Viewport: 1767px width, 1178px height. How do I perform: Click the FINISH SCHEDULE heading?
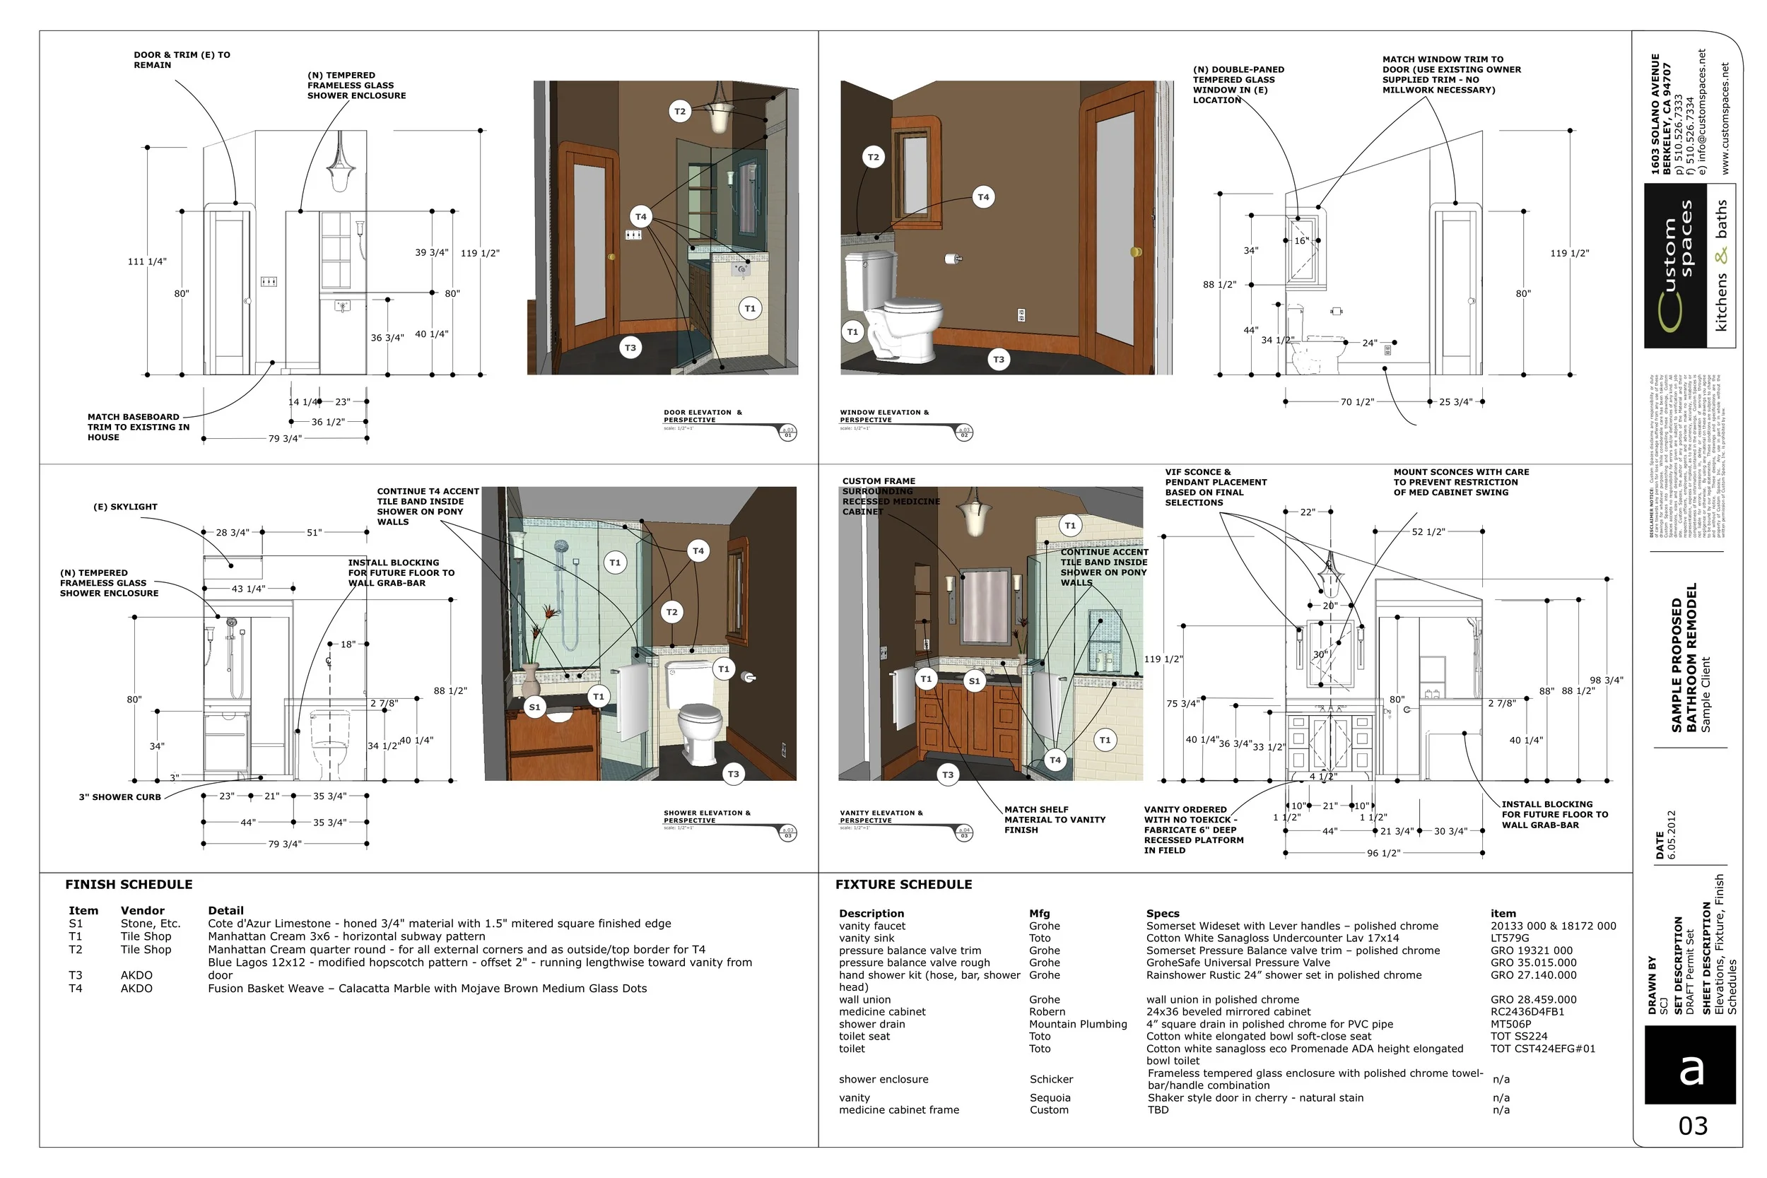(x=129, y=884)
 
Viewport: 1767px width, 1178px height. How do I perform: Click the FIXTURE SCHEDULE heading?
(x=903, y=884)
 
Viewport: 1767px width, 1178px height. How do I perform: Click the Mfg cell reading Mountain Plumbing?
(x=1077, y=1024)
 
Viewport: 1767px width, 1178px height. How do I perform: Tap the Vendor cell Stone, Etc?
(x=151, y=924)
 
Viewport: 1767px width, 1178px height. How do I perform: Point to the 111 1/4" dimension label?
(x=146, y=261)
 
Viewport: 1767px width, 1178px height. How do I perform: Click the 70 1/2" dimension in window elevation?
(x=1357, y=402)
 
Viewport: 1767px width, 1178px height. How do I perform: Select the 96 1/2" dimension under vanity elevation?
(x=1383, y=854)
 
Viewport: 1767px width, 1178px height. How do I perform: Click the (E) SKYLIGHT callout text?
(x=126, y=507)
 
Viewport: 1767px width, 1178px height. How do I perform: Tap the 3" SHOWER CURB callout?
(x=120, y=797)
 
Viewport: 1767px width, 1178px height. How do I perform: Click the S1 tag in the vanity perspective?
(x=974, y=681)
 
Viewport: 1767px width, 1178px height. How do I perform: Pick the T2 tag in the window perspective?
(x=872, y=157)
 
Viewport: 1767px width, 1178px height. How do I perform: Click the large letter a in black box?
(x=1691, y=1069)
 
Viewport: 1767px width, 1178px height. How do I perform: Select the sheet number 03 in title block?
(x=1693, y=1126)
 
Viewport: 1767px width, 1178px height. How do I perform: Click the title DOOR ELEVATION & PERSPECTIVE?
(x=702, y=416)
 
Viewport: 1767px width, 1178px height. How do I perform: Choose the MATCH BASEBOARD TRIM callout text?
(x=133, y=427)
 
